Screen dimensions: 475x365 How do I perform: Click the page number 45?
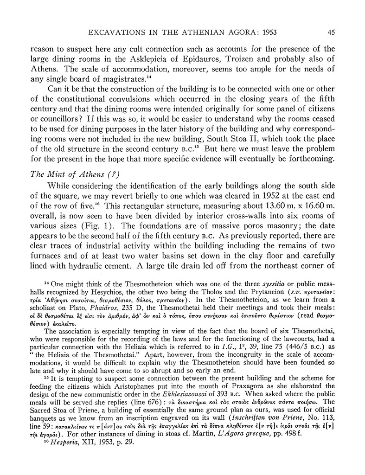pyautogui.click(x=331, y=32)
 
